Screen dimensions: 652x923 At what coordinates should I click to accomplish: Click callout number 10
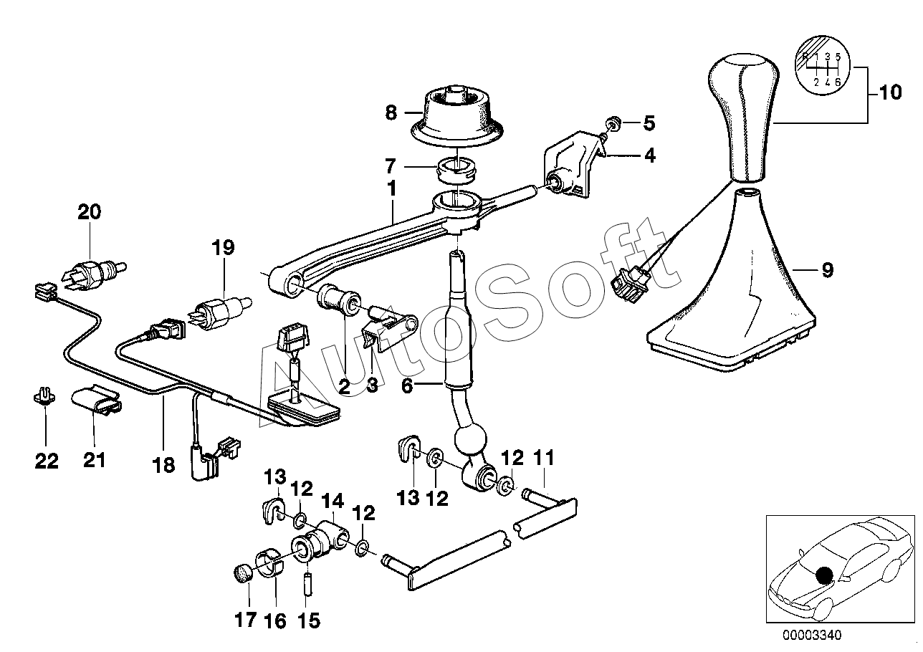tap(891, 93)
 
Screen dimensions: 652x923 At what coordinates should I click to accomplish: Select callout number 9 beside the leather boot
tap(827, 270)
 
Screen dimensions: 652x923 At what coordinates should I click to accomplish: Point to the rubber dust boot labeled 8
tap(455, 115)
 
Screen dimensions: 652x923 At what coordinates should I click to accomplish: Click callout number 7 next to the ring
tap(390, 166)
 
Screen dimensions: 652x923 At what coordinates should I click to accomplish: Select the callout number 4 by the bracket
tap(649, 155)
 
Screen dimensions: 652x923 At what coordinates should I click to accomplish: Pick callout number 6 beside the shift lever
tap(407, 385)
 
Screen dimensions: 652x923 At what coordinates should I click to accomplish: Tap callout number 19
tap(223, 248)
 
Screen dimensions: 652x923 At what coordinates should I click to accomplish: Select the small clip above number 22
tap(44, 395)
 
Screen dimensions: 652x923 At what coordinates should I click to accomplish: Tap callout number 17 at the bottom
tap(246, 619)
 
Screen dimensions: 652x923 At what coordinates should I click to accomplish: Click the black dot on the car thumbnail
tap(826, 573)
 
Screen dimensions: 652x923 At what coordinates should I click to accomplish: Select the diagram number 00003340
tap(810, 635)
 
